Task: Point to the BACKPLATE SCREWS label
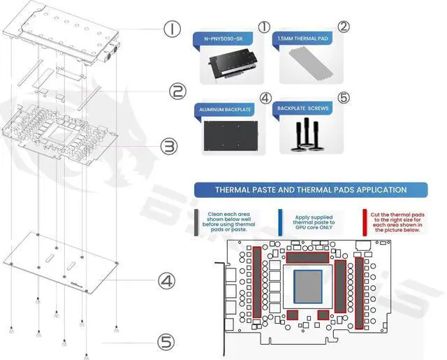coord(305,110)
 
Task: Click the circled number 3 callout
coord(169,146)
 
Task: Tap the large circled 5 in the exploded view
coord(166,342)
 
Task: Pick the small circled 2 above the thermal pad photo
coord(343,27)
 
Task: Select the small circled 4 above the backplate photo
coord(264,99)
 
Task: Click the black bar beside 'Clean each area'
coord(198,223)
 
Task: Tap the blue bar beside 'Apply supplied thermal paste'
coord(280,223)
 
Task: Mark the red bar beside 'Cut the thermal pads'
coord(364,223)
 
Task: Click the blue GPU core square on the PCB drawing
coord(310,287)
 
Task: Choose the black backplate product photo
coord(228,135)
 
